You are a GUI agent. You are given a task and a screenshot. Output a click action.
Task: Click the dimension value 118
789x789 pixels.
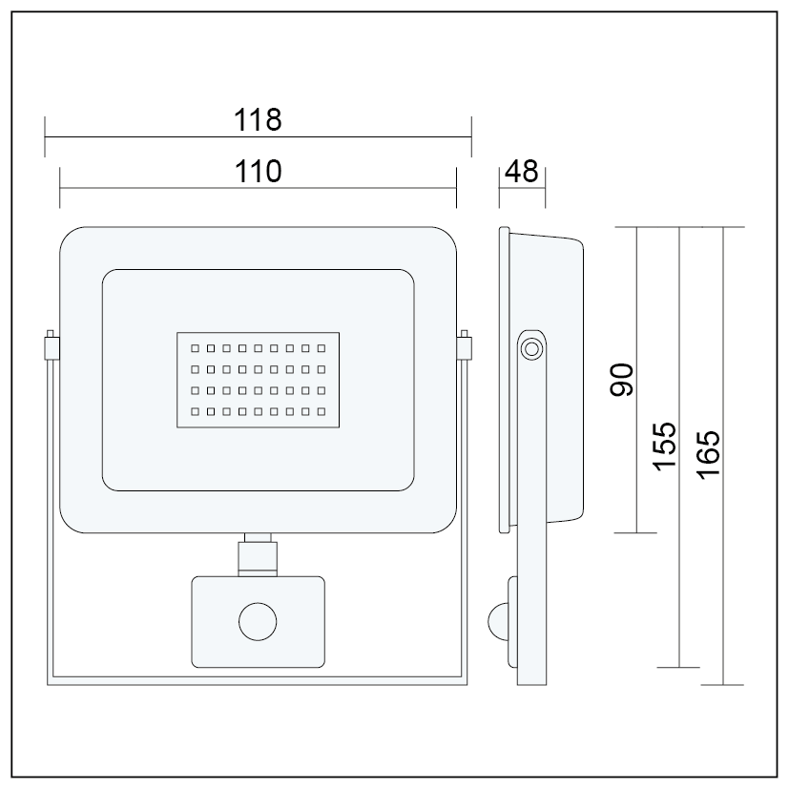(258, 120)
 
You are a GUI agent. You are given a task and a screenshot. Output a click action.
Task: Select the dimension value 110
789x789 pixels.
(258, 171)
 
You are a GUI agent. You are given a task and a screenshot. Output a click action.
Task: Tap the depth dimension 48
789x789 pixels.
(521, 171)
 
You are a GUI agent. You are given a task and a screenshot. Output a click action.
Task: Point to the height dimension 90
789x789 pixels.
(622, 381)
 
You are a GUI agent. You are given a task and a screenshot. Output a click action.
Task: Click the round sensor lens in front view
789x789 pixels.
(258, 623)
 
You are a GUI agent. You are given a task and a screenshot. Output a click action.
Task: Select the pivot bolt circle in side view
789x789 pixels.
(530, 348)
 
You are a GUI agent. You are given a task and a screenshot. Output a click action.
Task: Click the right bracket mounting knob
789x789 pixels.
(466, 345)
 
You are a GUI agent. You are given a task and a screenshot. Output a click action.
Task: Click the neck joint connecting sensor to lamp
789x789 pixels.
(257, 554)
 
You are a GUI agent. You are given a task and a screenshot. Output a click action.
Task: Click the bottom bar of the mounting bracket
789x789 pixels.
(257, 680)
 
